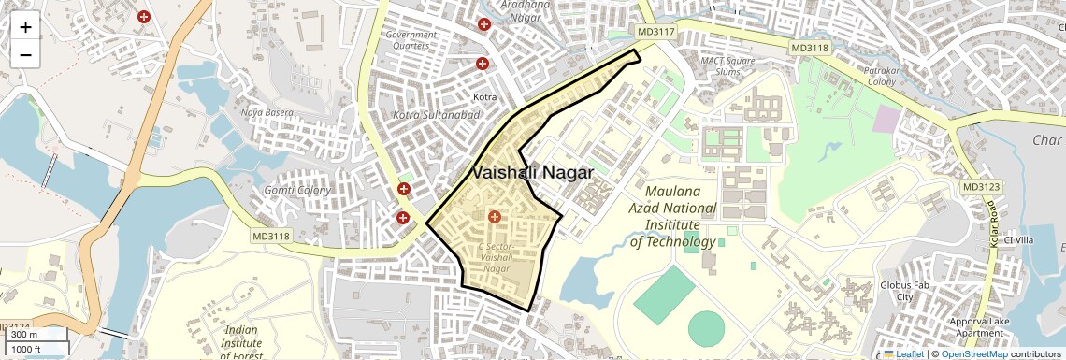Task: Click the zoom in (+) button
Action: (x=25, y=27)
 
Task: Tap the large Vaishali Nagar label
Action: (x=533, y=173)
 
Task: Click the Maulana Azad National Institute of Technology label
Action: (x=673, y=224)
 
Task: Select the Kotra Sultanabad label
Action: (x=437, y=115)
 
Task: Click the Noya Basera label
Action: (x=266, y=112)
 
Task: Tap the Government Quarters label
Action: (x=411, y=40)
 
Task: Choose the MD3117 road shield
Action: (x=655, y=33)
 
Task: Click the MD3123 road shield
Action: (x=981, y=187)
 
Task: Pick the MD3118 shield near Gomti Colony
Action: (x=271, y=236)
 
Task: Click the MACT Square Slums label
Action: (x=727, y=66)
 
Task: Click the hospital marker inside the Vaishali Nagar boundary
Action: (x=495, y=217)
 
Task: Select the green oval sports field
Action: (x=706, y=327)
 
